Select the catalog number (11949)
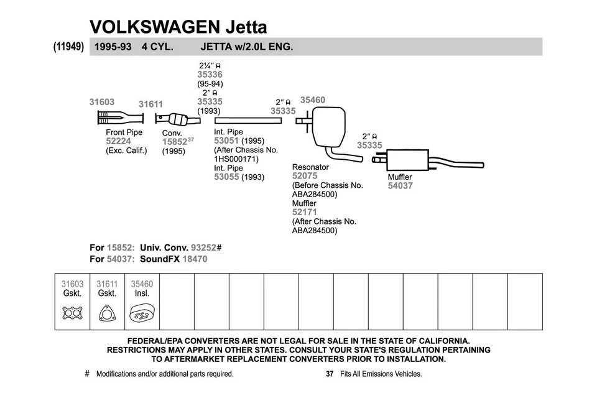(x=68, y=47)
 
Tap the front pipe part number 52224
(x=119, y=141)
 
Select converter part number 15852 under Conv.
(x=174, y=142)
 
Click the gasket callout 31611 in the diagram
(x=150, y=104)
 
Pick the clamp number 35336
(x=210, y=75)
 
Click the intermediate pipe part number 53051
(x=226, y=141)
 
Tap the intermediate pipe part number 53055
(x=226, y=177)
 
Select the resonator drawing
(x=327, y=126)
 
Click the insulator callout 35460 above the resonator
(x=312, y=99)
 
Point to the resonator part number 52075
(x=305, y=176)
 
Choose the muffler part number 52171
(x=305, y=212)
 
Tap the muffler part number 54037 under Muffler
(x=400, y=186)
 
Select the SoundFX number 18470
(x=194, y=259)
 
